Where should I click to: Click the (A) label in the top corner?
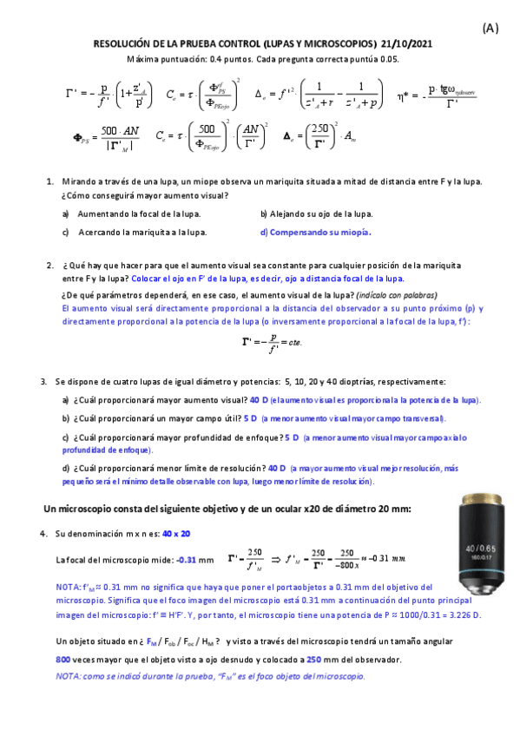tap(490, 28)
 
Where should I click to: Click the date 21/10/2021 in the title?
tap(405, 43)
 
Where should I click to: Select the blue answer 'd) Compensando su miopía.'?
tap(316, 232)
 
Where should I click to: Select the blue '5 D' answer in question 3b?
tap(250, 418)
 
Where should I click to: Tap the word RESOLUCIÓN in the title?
tap(122, 43)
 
